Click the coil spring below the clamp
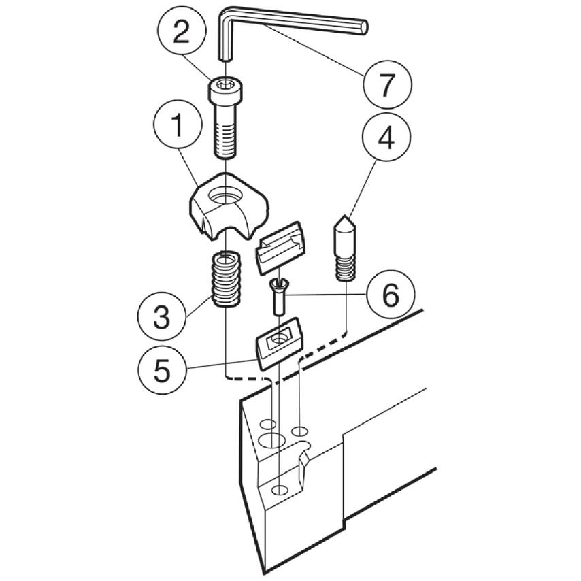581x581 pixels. (x=225, y=279)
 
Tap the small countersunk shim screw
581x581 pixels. (x=280, y=294)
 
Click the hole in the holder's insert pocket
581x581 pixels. (x=279, y=490)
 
